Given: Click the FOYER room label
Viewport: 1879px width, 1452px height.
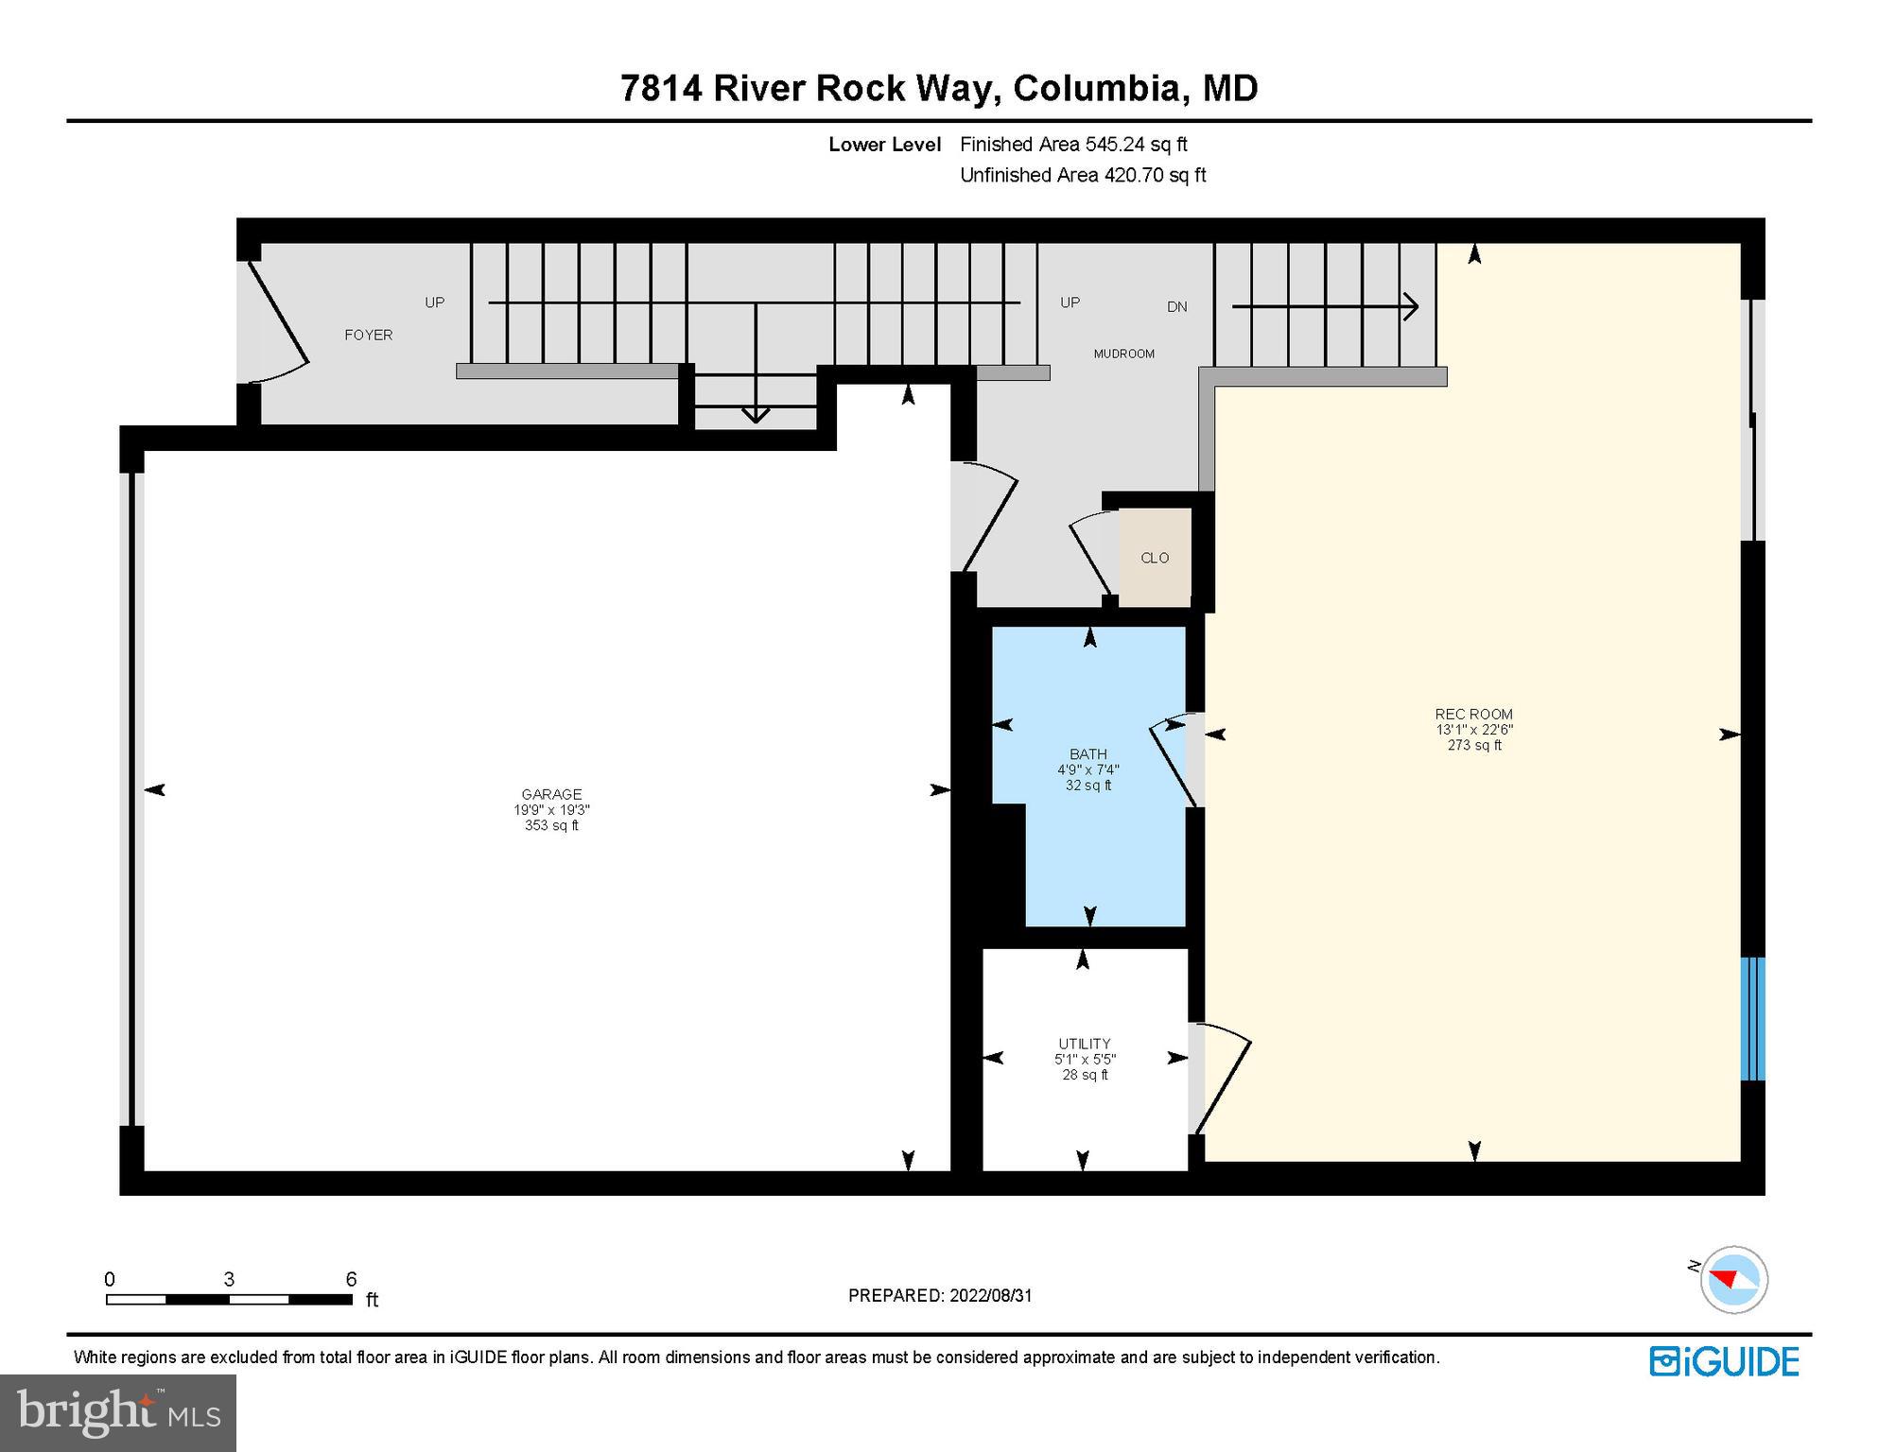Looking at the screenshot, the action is tap(368, 335).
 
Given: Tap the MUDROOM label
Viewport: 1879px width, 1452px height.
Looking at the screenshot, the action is tap(1123, 354).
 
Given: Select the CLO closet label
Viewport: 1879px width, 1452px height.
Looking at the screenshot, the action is tap(1155, 558).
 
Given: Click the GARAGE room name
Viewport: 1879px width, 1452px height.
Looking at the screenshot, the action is tap(551, 794).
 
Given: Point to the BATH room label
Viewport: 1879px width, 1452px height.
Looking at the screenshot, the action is tap(1088, 753).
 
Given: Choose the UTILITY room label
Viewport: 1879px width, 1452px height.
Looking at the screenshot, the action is tap(1085, 1044).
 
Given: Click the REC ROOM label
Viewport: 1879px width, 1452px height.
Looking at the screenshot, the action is tap(1474, 714).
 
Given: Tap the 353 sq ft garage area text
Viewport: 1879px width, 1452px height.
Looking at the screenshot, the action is tap(551, 825).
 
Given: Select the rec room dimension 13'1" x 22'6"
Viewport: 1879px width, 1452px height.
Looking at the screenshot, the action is tap(1474, 730).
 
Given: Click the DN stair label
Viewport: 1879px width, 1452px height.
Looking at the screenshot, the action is tap(1177, 306).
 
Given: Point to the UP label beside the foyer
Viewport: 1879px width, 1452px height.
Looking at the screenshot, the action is tap(434, 302).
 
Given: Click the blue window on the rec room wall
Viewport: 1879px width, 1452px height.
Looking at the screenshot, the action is tap(1753, 1018).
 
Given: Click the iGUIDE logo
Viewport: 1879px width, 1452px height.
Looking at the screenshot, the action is tap(1725, 1361).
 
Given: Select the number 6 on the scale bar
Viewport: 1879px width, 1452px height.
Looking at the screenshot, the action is tap(351, 1279).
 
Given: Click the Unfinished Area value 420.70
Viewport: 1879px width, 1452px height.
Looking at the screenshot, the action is tap(1132, 175).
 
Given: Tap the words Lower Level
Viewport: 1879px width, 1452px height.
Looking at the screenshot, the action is tap(885, 144).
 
